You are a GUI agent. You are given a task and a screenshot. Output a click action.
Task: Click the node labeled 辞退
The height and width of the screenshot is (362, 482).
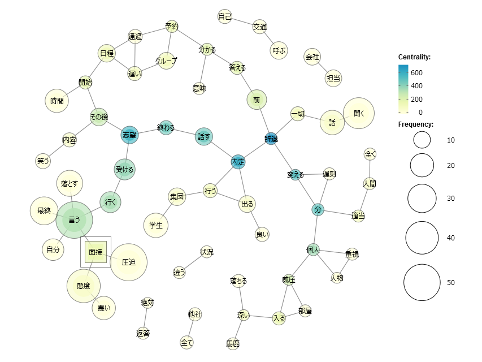click(271, 138)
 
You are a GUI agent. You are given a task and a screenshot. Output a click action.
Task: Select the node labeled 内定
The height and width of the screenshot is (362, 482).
click(238, 162)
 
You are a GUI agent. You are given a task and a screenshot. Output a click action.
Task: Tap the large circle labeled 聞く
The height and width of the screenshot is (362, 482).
click(358, 114)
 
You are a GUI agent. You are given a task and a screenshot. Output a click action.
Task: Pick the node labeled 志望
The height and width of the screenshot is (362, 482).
click(129, 135)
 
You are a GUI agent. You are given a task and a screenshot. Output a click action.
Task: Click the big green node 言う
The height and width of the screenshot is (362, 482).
click(74, 219)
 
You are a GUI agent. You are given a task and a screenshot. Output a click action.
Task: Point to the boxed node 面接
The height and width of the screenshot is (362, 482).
click(95, 252)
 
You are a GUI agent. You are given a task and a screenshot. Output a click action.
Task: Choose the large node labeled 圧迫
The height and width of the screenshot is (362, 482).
click(129, 262)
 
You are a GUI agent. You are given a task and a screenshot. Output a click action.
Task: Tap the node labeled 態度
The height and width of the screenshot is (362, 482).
click(84, 286)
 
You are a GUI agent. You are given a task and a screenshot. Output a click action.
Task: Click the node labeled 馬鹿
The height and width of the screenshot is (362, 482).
click(233, 343)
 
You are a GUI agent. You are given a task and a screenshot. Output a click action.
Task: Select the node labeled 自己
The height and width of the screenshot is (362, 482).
click(225, 16)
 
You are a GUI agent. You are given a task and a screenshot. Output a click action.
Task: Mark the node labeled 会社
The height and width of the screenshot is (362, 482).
click(312, 57)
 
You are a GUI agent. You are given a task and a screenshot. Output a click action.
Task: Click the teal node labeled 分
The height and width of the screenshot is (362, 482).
click(318, 210)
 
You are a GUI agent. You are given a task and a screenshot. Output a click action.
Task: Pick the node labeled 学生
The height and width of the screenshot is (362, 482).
click(156, 225)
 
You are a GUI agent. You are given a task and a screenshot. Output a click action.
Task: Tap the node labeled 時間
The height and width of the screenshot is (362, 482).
click(57, 101)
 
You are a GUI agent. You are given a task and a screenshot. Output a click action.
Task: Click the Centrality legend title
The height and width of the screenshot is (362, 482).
click(415, 57)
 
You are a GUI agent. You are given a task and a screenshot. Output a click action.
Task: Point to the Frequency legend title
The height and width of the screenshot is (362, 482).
click(415, 124)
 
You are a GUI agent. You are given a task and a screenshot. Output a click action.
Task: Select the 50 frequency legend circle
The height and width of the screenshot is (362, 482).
click(422, 282)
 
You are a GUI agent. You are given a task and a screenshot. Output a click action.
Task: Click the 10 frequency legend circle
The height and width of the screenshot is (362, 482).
click(422, 140)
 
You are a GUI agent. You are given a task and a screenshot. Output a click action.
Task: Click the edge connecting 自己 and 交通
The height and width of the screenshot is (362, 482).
click(242, 21)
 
